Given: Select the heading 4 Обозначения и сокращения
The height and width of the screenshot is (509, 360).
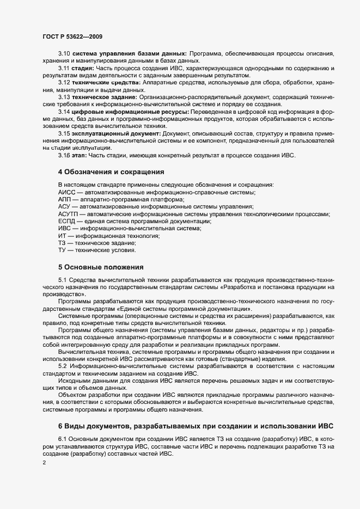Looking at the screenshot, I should click(x=111, y=172).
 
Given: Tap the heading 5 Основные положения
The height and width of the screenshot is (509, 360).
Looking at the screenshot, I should click(x=101, y=267).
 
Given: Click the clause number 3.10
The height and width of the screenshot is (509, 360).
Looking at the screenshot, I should click(x=64, y=53).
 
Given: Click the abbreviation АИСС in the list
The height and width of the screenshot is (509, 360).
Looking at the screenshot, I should click(x=66, y=193).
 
